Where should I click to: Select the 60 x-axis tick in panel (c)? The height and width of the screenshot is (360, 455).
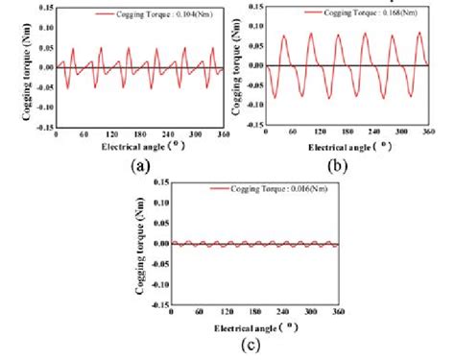tap(199, 313)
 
